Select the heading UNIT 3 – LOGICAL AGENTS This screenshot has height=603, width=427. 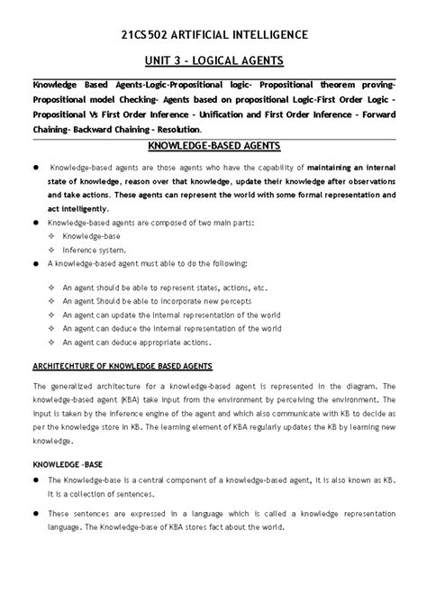213,60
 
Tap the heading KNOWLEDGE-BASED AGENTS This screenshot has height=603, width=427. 213,146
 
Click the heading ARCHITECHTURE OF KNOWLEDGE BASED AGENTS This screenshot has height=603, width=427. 123,366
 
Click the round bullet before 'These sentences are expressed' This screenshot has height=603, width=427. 37,513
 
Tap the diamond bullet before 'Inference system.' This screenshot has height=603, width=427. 52,250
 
